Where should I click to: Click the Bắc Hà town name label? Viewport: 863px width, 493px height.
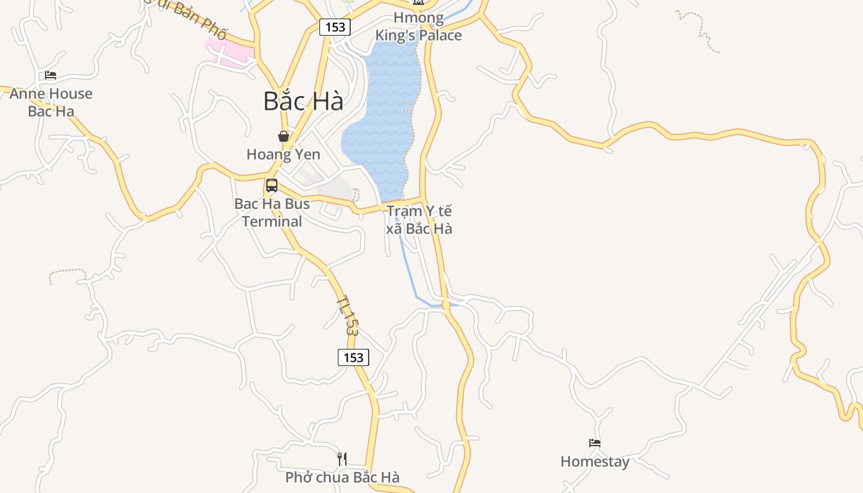click(x=303, y=101)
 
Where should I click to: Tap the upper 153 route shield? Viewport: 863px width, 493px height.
click(x=335, y=27)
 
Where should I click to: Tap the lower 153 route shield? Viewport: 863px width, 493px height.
click(x=353, y=357)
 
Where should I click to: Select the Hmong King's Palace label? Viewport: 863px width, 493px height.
click(x=419, y=26)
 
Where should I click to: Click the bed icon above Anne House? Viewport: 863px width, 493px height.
click(x=51, y=75)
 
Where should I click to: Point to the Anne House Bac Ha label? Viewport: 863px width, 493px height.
click(x=51, y=102)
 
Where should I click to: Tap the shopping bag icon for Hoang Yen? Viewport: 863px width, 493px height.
click(x=284, y=136)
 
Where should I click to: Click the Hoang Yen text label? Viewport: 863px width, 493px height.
click(x=283, y=154)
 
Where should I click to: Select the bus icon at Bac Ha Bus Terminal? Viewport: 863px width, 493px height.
click(x=272, y=185)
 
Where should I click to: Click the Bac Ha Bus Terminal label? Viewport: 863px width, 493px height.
click(x=272, y=213)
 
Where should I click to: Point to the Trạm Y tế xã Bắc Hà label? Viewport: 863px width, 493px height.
click(x=419, y=220)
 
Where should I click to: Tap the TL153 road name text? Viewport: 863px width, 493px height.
click(x=348, y=314)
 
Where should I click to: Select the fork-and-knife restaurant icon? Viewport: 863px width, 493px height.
click(x=342, y=458)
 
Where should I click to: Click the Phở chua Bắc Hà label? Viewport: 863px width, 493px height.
click(x=342, y=477)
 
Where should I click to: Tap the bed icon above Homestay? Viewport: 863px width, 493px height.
click(x=595, y=443)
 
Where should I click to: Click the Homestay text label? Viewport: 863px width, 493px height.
click(x=595, y=462)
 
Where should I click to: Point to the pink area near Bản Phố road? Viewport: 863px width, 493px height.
click(x=228, y=52)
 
